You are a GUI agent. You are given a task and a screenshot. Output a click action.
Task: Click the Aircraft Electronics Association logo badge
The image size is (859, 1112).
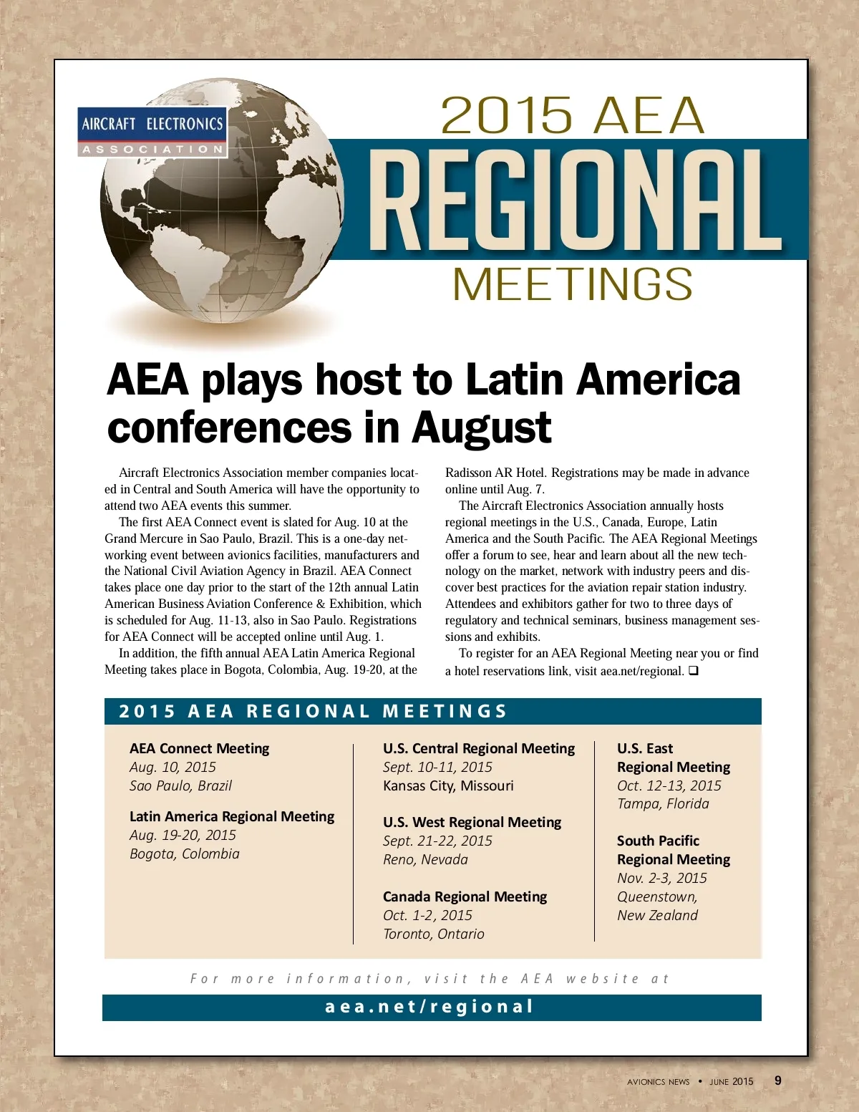(x=152, y=132)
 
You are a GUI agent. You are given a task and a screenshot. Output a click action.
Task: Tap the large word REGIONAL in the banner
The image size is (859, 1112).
(x=575, y=201)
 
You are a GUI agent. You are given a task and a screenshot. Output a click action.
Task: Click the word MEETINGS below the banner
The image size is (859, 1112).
(x=573, y=284)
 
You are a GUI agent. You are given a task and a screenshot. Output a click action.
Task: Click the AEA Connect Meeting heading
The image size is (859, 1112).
(x=199, y=748)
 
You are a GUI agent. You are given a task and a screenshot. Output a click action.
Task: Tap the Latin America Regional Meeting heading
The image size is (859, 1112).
(x=232, y=816)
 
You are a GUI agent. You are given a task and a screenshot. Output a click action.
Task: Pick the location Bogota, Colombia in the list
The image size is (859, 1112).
(x=185, y=854)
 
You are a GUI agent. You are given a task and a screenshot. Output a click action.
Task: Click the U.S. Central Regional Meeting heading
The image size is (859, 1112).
(x=479, y=748)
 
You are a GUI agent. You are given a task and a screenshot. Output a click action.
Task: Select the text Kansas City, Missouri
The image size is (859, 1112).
(x=448, y=785)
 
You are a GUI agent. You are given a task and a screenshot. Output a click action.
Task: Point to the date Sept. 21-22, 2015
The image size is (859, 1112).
(x=437, y=841)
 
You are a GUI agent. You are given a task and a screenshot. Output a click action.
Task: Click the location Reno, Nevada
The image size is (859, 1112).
(x=425, y=859)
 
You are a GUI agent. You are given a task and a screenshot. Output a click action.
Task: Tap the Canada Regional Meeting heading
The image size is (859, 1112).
(x=465, y=896)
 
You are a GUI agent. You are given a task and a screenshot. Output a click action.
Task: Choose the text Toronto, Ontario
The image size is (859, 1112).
(x=434, y=934)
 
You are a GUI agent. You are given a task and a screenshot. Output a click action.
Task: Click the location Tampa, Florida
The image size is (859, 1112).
(x=663, y=803)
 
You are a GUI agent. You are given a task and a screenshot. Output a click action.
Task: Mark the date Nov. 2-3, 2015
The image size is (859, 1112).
(x=662, y=878)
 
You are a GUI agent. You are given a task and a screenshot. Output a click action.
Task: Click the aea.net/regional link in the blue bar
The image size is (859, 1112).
(x=430, y=1007)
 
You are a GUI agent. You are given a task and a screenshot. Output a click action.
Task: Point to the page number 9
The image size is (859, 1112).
(x=778, y=1080)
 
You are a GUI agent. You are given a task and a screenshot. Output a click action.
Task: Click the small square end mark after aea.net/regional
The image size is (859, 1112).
(x=693, y=671)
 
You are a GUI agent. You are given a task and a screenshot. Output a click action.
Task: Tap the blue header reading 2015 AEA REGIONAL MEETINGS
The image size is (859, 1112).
(x=313, y=711)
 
